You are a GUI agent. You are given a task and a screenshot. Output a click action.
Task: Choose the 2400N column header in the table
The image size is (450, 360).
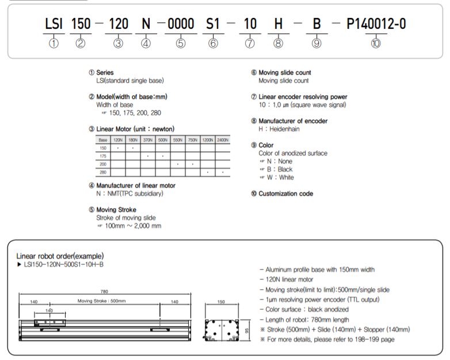[x=222, y=140]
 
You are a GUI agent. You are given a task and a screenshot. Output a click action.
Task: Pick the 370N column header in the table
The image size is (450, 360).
[x=147, y=140]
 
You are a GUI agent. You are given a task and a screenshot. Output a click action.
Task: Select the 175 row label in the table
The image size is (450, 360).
[x=103, y=156]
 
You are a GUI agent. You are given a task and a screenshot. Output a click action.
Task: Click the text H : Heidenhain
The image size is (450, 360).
[x=279, y=129]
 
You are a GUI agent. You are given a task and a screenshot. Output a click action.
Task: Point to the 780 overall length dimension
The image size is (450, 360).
[x=104, y=291]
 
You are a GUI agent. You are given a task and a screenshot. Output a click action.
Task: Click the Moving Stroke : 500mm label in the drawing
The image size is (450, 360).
[x=102, y=301]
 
